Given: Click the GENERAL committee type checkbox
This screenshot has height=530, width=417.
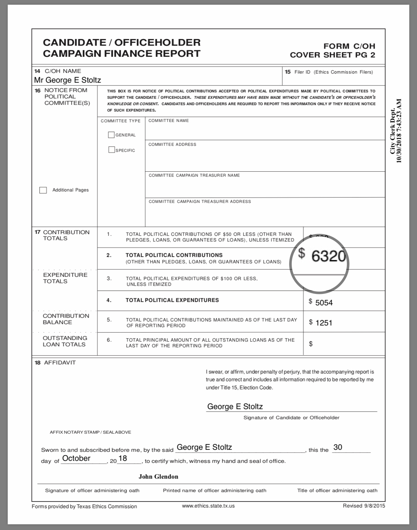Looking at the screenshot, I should [x=111, y=135].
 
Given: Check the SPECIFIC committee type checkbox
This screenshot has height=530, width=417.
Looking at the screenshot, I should [x=111, y=150].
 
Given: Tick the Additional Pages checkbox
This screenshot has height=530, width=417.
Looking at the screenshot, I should [x=43, y=190].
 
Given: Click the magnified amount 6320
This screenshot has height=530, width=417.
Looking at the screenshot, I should [x=328, y=256].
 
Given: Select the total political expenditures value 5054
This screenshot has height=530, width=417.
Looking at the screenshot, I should [x=324, y=303].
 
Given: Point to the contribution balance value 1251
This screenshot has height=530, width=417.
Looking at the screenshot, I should [x=324, y=323].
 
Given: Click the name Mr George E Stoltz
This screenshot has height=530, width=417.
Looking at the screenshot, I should [x=67, y=80].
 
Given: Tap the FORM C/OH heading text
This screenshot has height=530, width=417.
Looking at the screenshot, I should [x=349, y=46].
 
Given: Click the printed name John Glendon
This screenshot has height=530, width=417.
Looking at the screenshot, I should [x=158, y=477].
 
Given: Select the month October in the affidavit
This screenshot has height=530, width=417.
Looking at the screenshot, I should [x=76, y=458].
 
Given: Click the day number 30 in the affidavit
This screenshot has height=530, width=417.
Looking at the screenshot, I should [x=337, y=447].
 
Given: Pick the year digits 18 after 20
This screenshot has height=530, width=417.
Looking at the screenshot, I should [x=123, y=458].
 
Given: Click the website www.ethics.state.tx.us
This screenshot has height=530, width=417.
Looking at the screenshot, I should [x=208, y=506].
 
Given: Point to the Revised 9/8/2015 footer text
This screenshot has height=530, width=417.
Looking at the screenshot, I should [x=364, y=506].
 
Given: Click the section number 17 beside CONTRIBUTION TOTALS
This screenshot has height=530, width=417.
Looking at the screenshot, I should [x=37, y=232].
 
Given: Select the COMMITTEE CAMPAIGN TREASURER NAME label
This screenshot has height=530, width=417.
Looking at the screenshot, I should [x=194, y=175].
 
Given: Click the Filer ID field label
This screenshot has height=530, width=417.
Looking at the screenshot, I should [x=333, y=72].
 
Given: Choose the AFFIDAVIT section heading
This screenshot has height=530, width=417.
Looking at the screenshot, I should [x=60, y=363].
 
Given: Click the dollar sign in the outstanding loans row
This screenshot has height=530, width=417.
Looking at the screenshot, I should [x=311, y=344].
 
